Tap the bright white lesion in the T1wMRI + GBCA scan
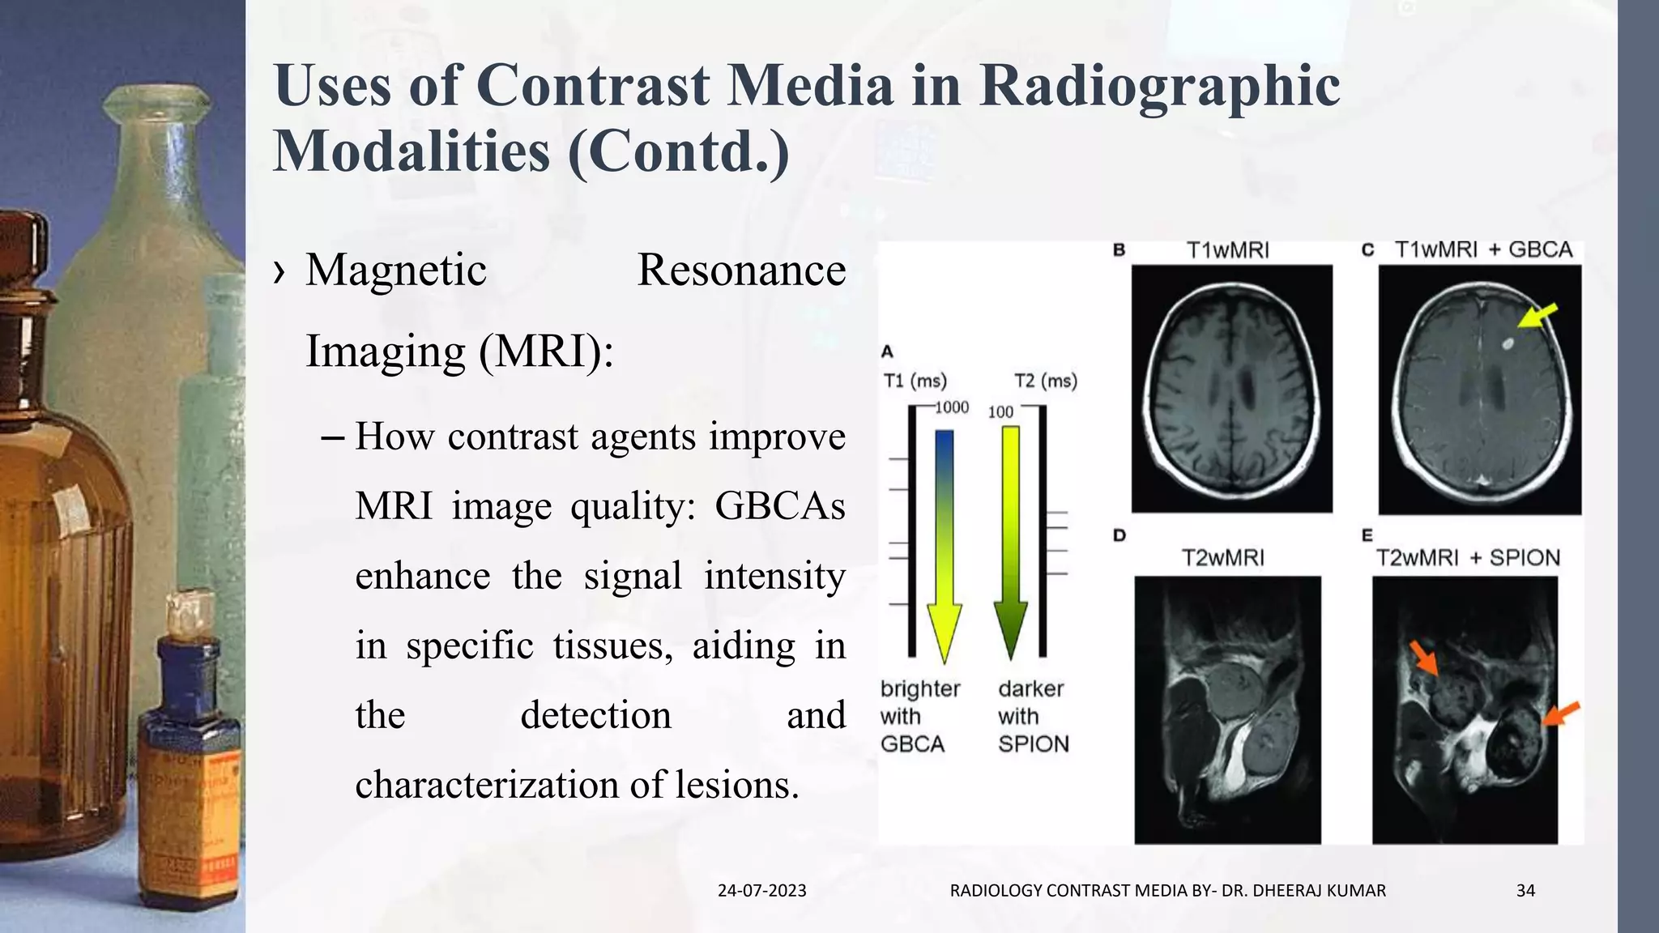(1508, 344)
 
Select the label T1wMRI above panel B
(1227, 250)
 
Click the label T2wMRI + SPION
(1468, 558)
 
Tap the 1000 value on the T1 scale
(951, 407)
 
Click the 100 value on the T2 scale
(1000, 412)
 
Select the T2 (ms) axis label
(1045, 381)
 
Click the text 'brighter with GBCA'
(919, 716)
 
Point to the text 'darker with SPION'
(1033, 716)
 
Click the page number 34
(1525, 891)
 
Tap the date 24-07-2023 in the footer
(761, 891)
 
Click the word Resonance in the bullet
(741, 270)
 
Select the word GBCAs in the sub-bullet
(779, 506)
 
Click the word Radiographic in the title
(1159, 85)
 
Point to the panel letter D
(1120, 535)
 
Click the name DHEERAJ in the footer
(1286, 891)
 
